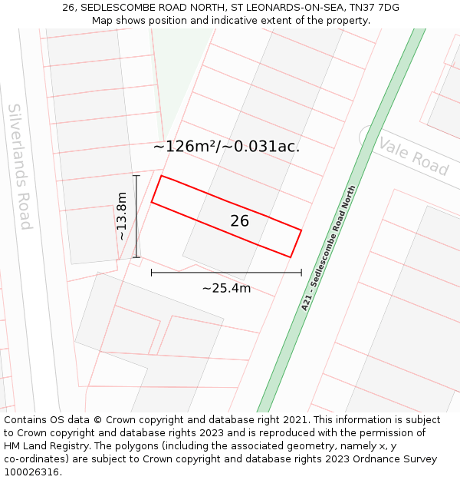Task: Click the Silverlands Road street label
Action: coord(20,166)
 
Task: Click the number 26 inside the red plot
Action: coord(240,221)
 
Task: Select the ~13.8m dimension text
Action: coord(122,217)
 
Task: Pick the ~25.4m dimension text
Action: coord(226,289)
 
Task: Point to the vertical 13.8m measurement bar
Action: coord(136,217)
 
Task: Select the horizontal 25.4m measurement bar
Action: coord(226,272)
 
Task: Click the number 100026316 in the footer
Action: coord(33,472)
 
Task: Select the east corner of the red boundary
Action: coord(301,230)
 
